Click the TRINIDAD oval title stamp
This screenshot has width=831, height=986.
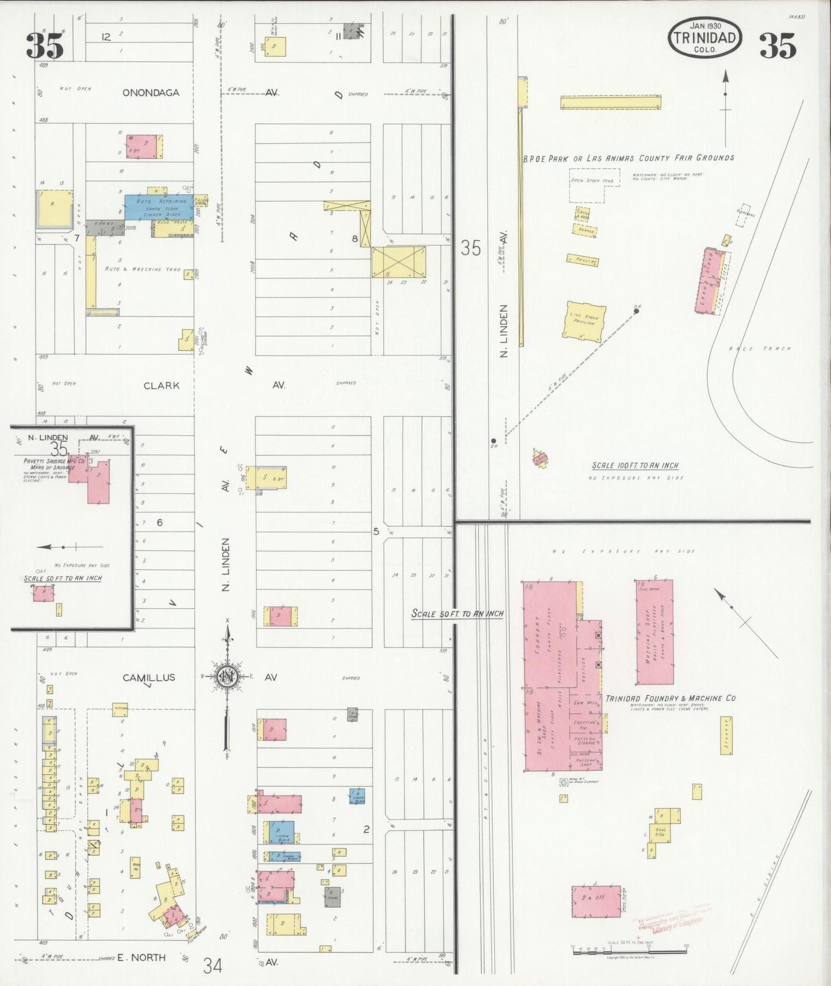coord(704,37)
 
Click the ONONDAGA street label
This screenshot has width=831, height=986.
coord(151,92)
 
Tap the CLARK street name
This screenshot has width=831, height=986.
coord(161,385)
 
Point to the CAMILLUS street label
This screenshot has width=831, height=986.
coord(148,678)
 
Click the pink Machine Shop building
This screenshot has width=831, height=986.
coord(654,632)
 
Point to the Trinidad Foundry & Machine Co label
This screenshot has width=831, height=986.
coord(670,698)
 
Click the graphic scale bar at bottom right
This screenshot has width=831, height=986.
coord(629,951)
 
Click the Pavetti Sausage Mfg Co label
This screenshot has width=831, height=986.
coord(54,464)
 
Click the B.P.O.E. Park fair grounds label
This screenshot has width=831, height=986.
coord(628,158)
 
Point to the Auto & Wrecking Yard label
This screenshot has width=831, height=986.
coord(142,269)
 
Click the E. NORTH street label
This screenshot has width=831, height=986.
coord(141,957)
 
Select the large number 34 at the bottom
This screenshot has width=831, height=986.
coord(212,965)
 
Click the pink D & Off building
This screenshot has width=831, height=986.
coord(596,901)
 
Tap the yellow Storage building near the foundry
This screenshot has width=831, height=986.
coord(726,735)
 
